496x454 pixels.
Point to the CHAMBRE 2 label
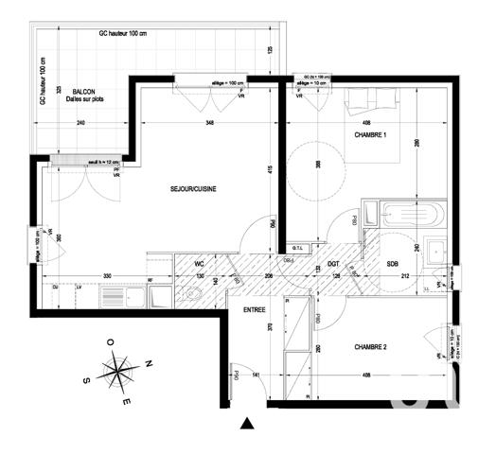pos(366,347)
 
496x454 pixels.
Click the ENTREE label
pos(255,310)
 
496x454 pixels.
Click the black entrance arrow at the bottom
pos(247,424)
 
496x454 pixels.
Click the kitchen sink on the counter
pos(136,297)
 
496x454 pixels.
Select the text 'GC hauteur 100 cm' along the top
pos(131,33)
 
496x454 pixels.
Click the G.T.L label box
pos(296,249)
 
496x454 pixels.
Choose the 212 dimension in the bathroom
pos(405,276)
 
